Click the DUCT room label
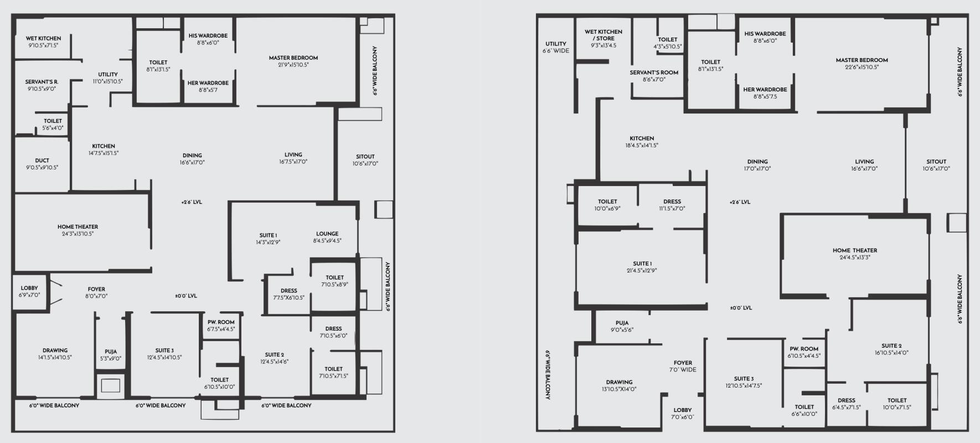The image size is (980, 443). pos(42,161)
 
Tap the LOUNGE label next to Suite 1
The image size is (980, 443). pos(327,234)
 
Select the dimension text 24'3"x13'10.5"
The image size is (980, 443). pos(78,234)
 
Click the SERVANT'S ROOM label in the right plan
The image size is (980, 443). pos(654,73)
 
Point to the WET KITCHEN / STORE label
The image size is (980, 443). pos(604,35)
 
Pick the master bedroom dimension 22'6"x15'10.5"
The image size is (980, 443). pos(862,67)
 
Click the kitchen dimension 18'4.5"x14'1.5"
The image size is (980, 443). pos(642,146)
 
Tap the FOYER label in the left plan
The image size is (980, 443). pos(96,289)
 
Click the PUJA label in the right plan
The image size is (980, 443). pos(622,323)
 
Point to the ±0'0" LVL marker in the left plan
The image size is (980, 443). pos(186,296)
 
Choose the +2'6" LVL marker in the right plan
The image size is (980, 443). pos(740,202)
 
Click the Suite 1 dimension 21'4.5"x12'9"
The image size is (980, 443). pos(642,271)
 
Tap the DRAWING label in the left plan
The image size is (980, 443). pos(55,351)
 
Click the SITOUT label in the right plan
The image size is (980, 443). pos(936,162)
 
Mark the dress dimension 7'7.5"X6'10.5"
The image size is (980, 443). pos(288,297)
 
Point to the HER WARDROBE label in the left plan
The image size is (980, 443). pos(208,83)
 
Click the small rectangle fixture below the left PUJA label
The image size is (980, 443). pos(111,386)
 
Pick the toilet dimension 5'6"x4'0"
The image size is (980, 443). pos(53,128)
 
